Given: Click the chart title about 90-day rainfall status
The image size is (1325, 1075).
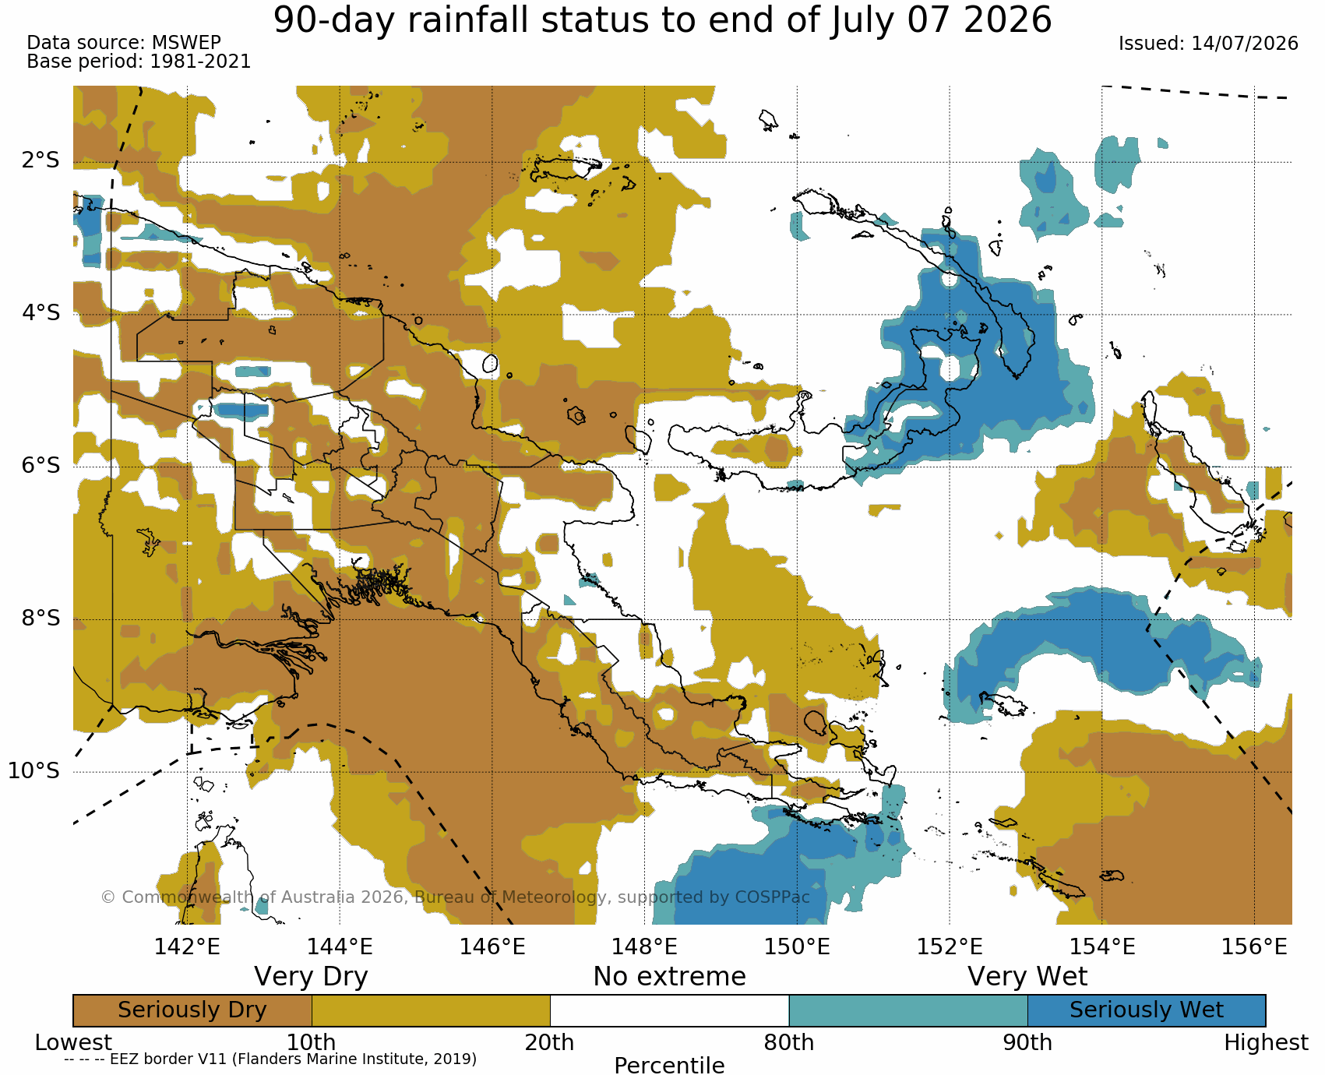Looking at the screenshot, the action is [x=662, y=19].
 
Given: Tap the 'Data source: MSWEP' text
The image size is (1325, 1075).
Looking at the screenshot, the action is [x=124, y=43].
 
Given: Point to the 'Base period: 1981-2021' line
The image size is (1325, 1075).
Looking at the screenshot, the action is [x=139, y=62].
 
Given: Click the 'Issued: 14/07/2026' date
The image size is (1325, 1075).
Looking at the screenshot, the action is [x=1208, y=44].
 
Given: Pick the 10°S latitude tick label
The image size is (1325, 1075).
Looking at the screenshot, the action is [x=34, y=770].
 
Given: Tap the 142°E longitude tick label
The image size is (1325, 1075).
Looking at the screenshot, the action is [x=187, y=946].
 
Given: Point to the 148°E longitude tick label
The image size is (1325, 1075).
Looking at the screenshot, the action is [x=644, y=946].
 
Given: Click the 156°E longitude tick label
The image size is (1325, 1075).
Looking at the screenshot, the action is [x=1254, y=946].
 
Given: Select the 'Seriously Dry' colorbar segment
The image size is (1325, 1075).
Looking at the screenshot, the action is [x=192, y=1010].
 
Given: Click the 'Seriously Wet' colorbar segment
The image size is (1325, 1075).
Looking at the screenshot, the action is [x=1147, y=1010].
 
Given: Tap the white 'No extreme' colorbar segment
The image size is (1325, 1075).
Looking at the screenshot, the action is [x=670, y=1010].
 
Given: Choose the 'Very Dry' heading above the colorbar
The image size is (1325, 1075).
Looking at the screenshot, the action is [x=311, y=977].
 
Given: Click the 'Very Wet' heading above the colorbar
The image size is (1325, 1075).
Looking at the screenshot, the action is [x=1027, y=977].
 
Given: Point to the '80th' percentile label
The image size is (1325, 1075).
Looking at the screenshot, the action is [x=789, y=1042].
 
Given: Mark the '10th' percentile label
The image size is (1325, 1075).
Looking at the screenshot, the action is [x=312, y=1042].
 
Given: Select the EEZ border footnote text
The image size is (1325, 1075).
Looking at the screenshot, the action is [x=270, y=1059].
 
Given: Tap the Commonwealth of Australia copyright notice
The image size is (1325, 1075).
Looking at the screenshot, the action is [x=456, y=897].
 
